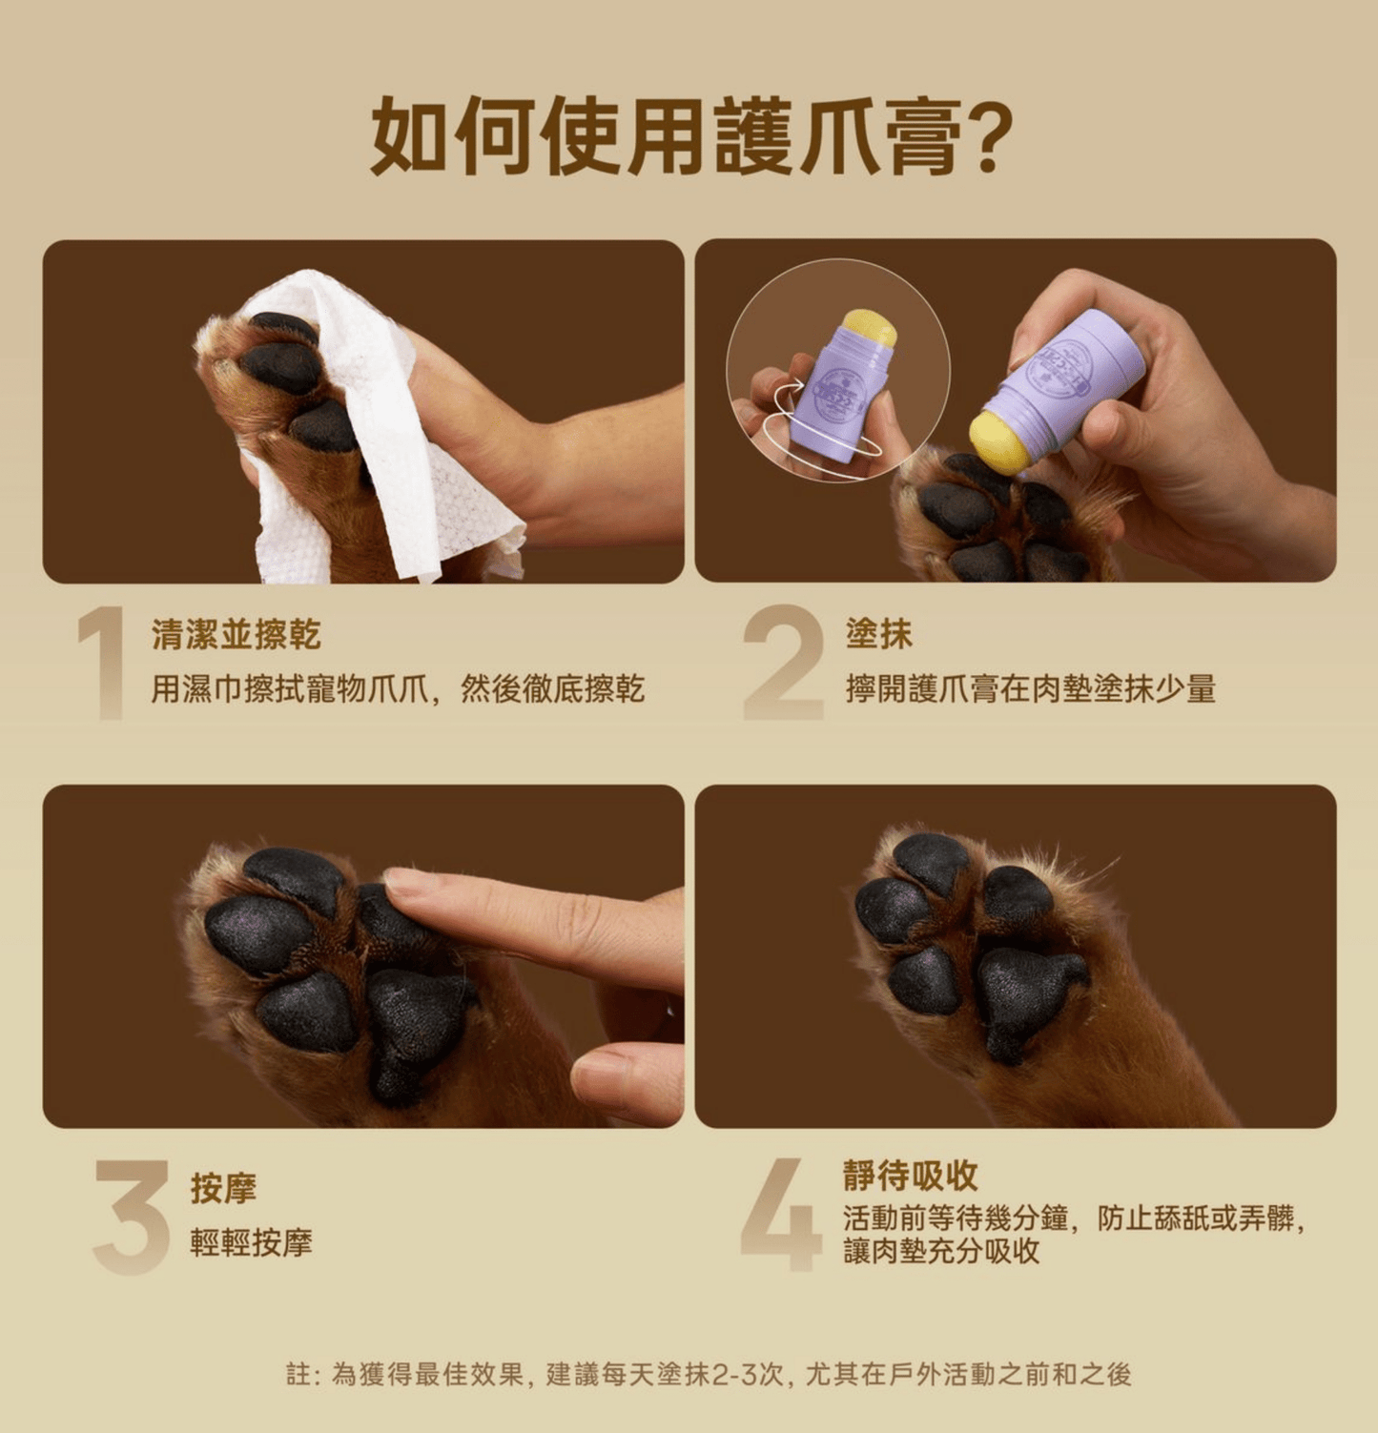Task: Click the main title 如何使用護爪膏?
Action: tap(688, 135)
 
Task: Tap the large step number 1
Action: tap(103, 663)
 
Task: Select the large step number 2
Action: tap(783, 663)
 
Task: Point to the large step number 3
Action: tap(131, 1217)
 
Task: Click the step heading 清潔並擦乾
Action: tap(236, 634)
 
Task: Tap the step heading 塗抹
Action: tap(878, 634)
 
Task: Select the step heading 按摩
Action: tap(223, 1188)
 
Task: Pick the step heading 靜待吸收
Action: tap(911, 1176)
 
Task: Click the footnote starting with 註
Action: tap(709, 1374)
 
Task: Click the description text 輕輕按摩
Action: tap(252, 1242)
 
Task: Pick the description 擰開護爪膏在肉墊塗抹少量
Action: tap(1030, 688)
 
